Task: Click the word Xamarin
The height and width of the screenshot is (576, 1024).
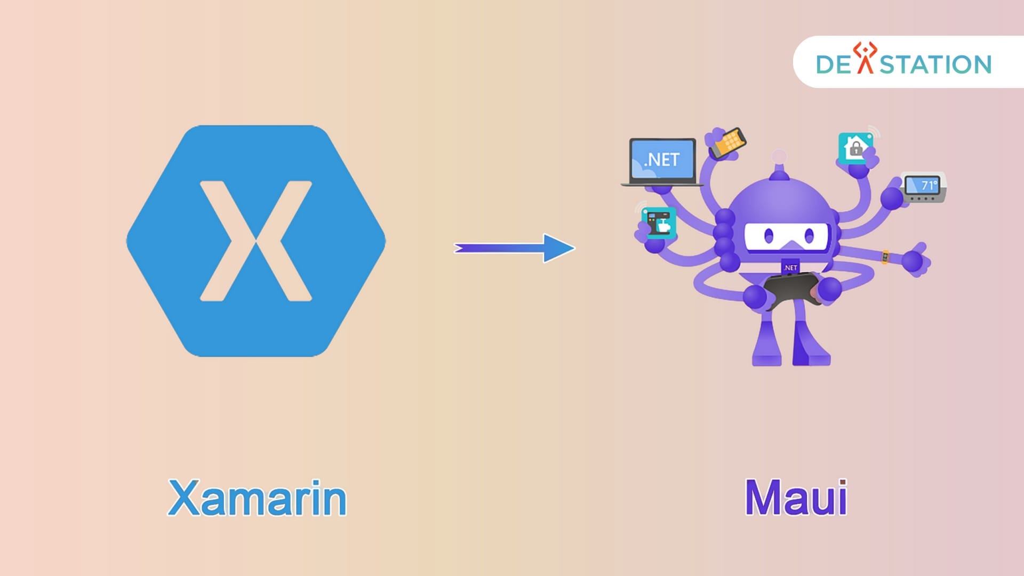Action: tap(257, 498)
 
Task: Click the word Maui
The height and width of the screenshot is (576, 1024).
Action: tap(796, 498)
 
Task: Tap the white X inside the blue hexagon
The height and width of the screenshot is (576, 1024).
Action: tap(256, 241)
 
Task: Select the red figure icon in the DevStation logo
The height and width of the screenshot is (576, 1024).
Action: tap(865, 58)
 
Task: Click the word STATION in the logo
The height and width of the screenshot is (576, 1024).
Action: tap(935, 65)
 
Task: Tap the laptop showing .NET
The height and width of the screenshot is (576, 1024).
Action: tap(662, 161)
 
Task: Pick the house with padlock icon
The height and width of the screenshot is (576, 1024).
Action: tap(855, 147)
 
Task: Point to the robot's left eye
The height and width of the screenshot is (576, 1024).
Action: tap(769, 235)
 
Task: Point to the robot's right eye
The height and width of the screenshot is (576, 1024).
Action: tap(809, 235)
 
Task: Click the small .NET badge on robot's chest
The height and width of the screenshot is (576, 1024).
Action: tap(790, 268)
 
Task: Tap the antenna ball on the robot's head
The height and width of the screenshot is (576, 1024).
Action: tap(779, 157)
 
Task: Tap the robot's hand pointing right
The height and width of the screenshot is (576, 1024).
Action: tap(916, 260)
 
